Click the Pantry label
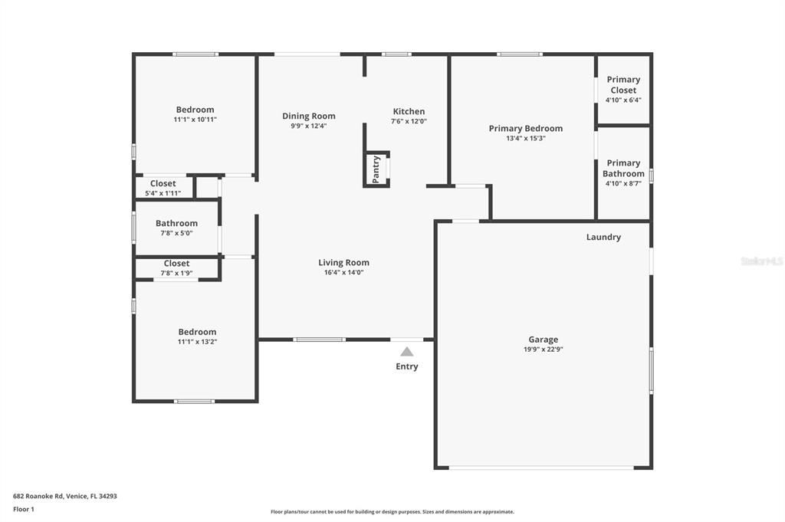click(x=376, y=169)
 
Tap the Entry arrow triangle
click(x=407, y=352)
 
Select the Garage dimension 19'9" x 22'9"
click(x=543, y=350)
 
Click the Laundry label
click(x=603, y=238)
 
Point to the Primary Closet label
click(x=623, y=84)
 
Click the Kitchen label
click(x=409, y=111)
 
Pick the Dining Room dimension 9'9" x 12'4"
click(x=308, y=126)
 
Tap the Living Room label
click(x=343, y=262)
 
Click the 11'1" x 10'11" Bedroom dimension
click(x=195, y=120)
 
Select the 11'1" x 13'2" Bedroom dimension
click(x=197, y=342)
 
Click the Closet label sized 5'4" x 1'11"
click(x=163, y=183)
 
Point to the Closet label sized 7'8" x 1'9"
click(x=176, y=263)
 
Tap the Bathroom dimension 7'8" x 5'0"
click(x=176, y=233)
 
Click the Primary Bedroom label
click(x=525, y=128)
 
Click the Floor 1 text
click(x=24, y=509)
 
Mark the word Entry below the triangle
click(x=407, y=366)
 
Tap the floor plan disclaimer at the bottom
click(x=392, y=512)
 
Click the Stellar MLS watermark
click(x=761, y=261)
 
